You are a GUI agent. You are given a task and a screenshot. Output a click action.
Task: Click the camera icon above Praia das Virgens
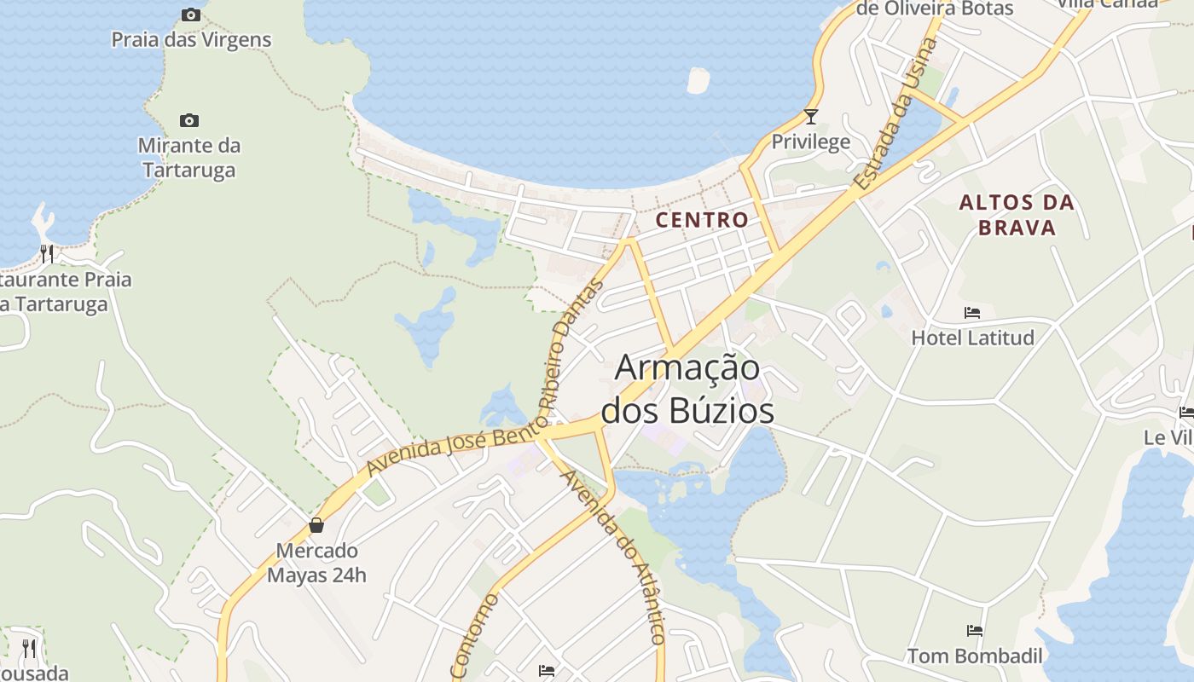(x=191, y=14)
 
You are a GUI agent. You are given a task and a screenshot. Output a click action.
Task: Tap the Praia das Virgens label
(x=191, y=39)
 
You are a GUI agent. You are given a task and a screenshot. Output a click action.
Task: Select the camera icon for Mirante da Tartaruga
(x=189, y=120)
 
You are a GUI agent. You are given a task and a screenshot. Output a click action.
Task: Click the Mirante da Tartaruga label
(x=189, y=158)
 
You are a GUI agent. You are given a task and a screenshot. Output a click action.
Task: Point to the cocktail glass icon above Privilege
(x=810, y=116)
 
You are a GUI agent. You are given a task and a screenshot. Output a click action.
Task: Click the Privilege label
(x=810, y=142)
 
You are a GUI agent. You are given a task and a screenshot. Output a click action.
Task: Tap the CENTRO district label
(x=701, y=220)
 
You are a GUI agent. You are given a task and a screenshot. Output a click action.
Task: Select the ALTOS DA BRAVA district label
(x=1016, y=215)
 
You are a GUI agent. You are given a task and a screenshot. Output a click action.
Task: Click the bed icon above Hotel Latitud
(x=972, y=313)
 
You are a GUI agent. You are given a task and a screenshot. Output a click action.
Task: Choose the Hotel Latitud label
(x=972, y=338)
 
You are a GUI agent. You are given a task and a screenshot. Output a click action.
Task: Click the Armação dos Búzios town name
(x=687, y=390)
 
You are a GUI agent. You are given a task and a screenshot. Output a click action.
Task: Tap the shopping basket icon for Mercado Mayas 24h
(x=316, y=525)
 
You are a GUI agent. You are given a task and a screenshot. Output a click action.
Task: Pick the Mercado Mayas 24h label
(x=316, y=563)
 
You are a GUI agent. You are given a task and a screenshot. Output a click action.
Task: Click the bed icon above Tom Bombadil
(x=975, y=631)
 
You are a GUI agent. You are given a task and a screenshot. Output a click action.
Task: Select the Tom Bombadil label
(x=975, y=656)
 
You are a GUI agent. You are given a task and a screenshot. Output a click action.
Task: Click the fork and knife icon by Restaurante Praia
(x=47, y=253)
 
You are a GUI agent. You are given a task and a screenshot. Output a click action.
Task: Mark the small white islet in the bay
(x=698, y=80)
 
